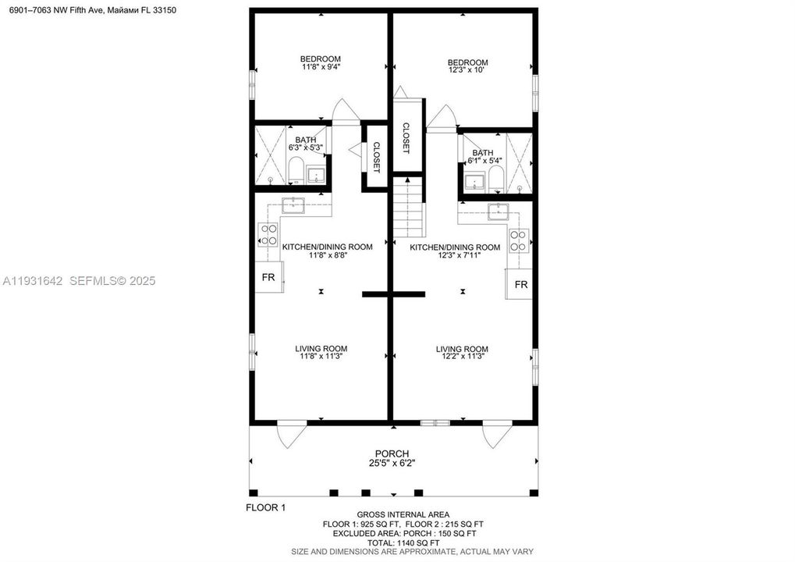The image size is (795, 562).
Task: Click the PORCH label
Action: (x=392, y=454)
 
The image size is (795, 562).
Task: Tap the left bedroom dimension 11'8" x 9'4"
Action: (x=321, y=67)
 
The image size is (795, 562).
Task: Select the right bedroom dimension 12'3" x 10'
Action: (x=467, y=71)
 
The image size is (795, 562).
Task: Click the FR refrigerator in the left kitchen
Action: (x=268, y=277)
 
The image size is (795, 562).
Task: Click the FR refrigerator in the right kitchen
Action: (x=520, y=284)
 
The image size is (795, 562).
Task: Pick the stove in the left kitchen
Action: (x=268, y=235)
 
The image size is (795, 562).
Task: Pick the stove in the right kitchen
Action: (x=519, y=240)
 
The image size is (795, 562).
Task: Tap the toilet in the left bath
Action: (x=296, y=170)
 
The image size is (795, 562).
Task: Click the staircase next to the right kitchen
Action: (x=409, y=207)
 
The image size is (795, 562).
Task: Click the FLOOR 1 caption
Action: (x=266, y=507)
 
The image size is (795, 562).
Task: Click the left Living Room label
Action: (x=321, y=348)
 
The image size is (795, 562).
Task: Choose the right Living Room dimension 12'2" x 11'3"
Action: (x=462, y=357)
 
